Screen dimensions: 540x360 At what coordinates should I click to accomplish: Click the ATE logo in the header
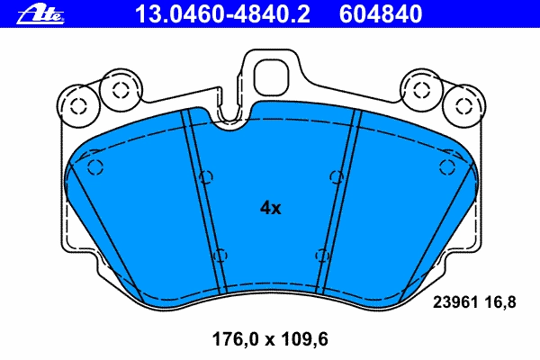coord(40,14)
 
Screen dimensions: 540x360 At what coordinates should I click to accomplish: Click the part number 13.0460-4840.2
coord(223,13)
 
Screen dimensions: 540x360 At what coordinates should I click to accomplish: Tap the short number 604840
coord(381,13)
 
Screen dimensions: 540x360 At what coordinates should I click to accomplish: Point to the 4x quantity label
coord(270,208)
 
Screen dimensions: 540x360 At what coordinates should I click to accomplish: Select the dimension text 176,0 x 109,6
coord(270,339)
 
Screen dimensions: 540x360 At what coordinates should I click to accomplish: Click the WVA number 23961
coord(455,302)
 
